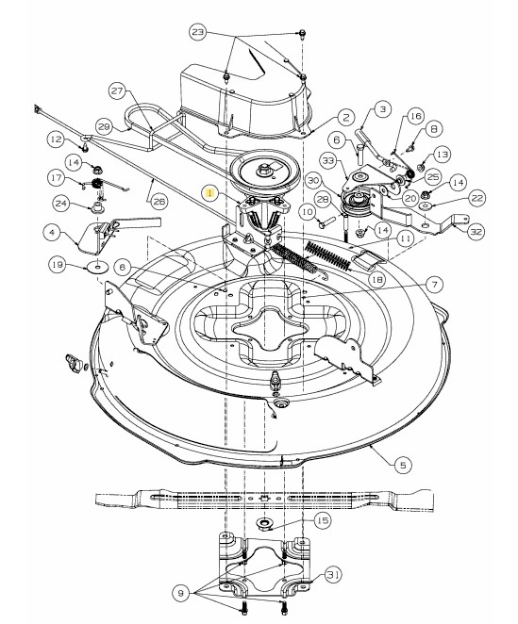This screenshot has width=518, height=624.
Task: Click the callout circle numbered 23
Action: coord(198,32)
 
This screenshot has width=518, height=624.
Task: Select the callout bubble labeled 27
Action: coord(117,91)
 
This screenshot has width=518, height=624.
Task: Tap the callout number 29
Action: coord(104,127)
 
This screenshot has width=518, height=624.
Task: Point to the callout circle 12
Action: coord(56,140)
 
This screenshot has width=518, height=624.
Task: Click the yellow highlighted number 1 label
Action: coord(210,194)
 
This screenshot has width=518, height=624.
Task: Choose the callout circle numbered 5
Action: coord(403,465)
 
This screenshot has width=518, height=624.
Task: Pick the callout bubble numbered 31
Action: coord(333,575)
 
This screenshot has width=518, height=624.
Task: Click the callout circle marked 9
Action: coord(180,593)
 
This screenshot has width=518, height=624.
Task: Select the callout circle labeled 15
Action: coord(323,520)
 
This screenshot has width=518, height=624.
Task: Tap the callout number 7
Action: coord(434,285)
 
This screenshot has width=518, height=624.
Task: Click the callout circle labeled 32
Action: coord(476,232)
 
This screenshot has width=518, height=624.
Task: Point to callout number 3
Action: coord(382,109)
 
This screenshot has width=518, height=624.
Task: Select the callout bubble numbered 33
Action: coord(329,161)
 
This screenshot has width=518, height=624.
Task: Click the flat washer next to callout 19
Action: coord(98,267)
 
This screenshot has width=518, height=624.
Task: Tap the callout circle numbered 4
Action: coord(52,232)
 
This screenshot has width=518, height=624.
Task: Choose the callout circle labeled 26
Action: coord(159,202)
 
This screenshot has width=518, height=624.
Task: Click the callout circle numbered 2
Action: coord(345,118)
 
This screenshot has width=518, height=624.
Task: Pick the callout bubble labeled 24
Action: coord(61,204)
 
